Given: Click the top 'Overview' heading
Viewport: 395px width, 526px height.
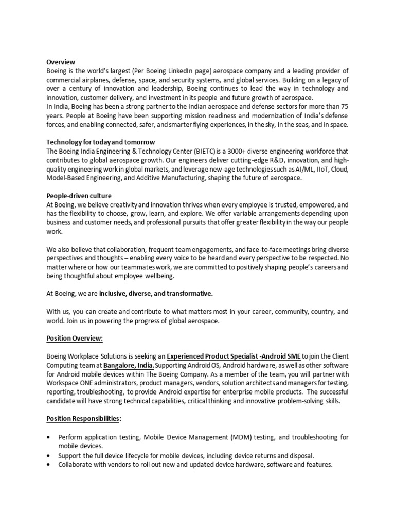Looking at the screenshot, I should (x=61, y=62).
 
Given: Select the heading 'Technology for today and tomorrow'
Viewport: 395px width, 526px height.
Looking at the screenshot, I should (x=101, y=142).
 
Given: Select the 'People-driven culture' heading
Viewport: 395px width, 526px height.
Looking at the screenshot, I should (x=79, y=196).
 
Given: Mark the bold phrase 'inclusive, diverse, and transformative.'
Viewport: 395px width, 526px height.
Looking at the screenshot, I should (x=156, y=293).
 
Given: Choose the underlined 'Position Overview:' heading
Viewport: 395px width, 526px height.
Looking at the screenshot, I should (x=75, y=339).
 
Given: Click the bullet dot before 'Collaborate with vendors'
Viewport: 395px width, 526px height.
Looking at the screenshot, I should (x=48, y=464).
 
